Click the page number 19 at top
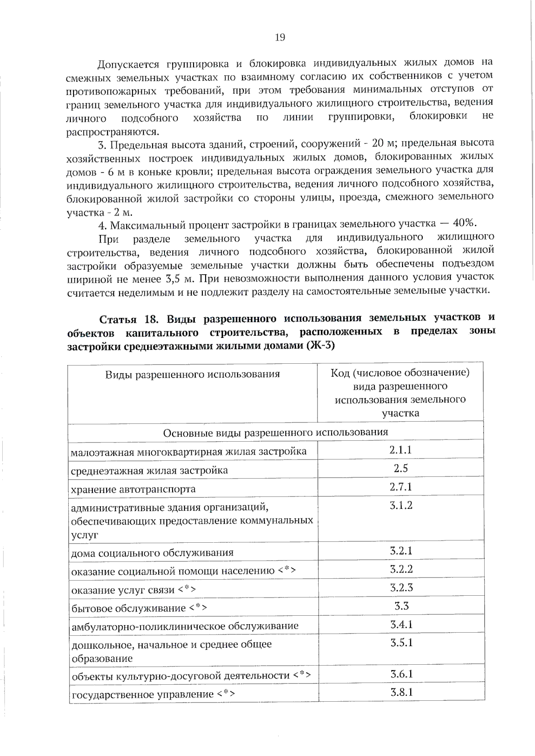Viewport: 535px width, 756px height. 280,37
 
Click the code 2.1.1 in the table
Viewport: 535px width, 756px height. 400,450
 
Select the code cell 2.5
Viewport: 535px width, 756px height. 400,468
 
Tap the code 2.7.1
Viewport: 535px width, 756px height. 400,487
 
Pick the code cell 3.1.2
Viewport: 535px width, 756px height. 401,505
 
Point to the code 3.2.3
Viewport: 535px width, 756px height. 401,588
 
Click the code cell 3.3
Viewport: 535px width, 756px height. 401,606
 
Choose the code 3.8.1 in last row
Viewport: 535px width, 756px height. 401,692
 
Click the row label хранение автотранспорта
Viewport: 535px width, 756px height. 133,489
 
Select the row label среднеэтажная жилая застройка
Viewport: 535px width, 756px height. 149,471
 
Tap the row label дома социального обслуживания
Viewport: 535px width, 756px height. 152,553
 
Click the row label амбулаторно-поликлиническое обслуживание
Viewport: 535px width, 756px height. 185,626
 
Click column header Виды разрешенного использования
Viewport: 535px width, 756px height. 193,374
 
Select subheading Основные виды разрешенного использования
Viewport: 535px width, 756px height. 276,432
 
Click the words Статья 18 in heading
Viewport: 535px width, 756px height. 129,320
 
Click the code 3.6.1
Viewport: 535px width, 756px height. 401,674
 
